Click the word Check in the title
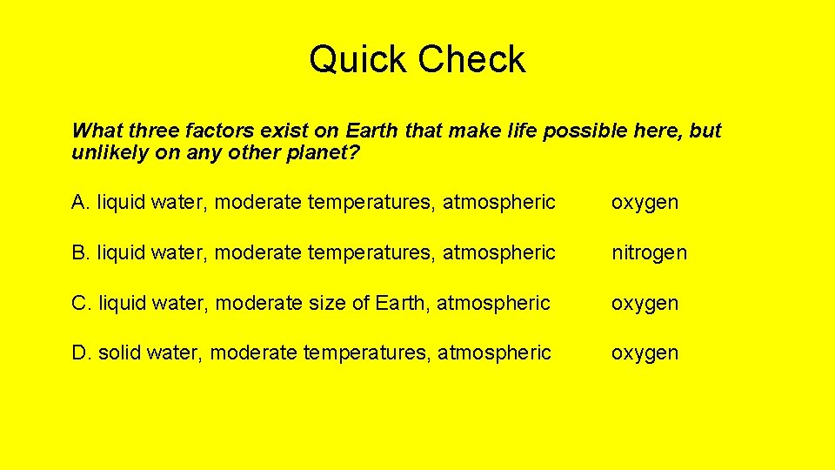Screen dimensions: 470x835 [471, 60]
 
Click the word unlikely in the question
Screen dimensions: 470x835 [108, 153]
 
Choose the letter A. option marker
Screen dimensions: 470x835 [81, 203]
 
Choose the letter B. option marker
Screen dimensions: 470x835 [81, 252]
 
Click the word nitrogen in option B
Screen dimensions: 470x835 [649, 252]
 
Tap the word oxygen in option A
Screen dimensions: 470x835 [645, 204]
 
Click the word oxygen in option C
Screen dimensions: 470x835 [645, 304]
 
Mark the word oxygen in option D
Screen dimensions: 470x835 [645, 353]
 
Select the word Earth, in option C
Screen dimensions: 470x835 [403, 303]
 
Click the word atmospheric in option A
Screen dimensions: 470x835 [499, 203]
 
